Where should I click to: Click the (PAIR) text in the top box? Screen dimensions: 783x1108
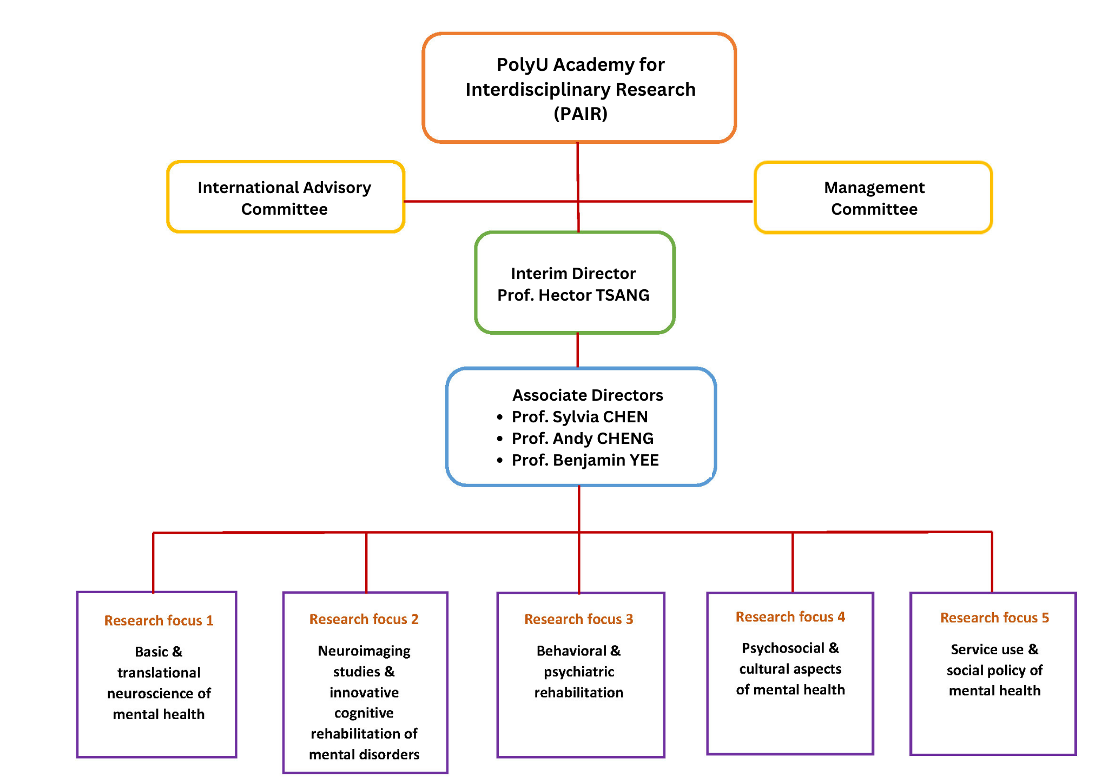tap(580, 114)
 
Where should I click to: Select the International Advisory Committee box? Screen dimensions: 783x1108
tap(285, 197)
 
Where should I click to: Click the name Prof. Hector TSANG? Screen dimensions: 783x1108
tap(573, 295)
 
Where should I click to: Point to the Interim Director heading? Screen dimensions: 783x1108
tap(573, 274)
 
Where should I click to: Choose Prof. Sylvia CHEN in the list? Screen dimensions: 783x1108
tap(579, 417)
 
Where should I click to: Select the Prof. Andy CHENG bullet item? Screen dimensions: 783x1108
tap(582, 439)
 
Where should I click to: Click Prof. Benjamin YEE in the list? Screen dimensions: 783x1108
tap(585, 460)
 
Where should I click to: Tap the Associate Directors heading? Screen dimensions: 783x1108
tap(588, 395)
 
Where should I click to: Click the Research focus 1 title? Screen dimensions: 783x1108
tap(159, 621)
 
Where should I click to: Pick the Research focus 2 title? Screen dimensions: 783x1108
tap(364, 619)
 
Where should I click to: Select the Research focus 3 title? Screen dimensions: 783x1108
tap(578, 619)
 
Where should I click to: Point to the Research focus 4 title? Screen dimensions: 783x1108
tap(790, 617)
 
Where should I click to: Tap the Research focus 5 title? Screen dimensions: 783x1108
tap(994, 618)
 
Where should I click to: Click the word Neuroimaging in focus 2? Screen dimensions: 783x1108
tap(364, 651)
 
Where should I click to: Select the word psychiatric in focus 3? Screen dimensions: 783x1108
tap(579, 672)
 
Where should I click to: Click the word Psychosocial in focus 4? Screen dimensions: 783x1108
tap(783, 648)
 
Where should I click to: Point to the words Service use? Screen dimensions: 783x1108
tap(987, 649)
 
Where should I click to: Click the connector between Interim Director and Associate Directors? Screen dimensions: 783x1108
tap(577, 350)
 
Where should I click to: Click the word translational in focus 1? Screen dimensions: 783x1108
tap(159, 673)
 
